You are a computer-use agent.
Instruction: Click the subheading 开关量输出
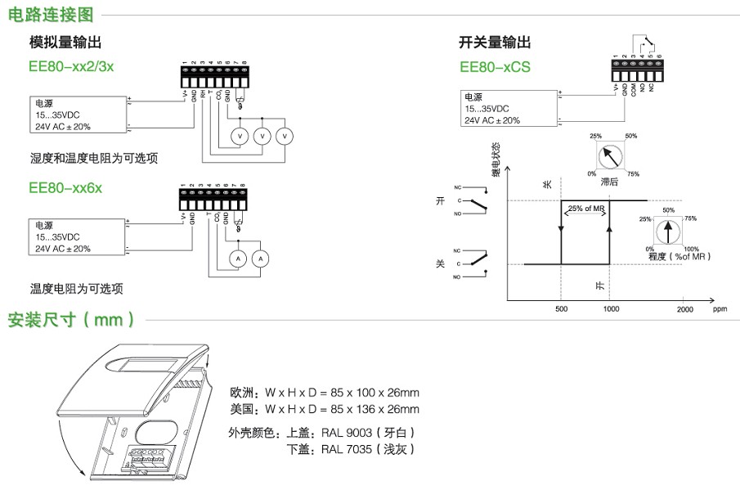coord(495,43)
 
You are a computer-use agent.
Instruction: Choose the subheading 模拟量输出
coord(65,43)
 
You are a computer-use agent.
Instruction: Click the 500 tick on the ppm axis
coord(561,309)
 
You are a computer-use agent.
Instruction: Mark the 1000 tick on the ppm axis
coord(611,309)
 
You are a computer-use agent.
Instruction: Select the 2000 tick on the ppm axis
coord(685,309)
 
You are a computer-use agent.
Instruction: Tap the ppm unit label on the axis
coord(720,309)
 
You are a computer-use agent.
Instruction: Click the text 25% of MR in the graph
coord(585,209)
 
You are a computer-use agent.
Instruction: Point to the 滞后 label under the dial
coord(609,182)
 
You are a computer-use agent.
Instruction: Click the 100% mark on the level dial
coord(691,248)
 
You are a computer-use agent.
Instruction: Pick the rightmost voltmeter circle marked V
coord(284,135)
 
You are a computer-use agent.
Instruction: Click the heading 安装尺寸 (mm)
coord(71,320)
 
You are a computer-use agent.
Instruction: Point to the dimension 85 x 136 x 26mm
coord(367,409)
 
